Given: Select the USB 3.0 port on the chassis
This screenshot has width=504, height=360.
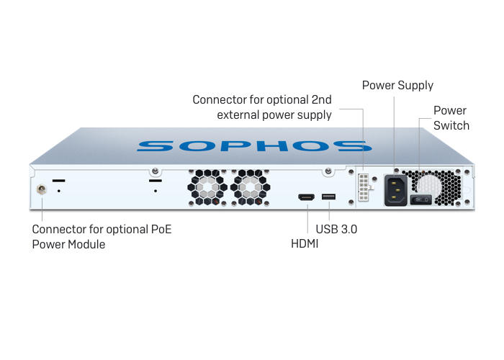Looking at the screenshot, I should point(329,197).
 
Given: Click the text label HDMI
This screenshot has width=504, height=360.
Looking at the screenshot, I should point(305,244).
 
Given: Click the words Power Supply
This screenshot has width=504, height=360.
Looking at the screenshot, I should point(397,86).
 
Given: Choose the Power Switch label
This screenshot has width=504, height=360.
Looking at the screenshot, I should point(451,118).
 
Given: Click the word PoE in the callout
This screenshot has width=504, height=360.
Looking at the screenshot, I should point(161,230).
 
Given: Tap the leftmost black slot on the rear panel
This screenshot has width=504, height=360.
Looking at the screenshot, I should point(59,180).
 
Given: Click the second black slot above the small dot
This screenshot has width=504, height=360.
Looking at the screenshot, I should point(155,180).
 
